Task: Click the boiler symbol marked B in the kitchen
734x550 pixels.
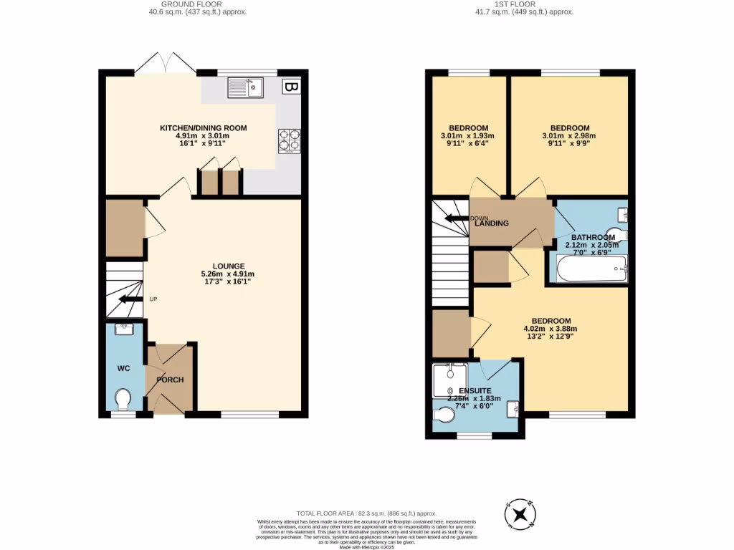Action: click(x=291, y=87)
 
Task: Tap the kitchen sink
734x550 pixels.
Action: click(x=246, y=88)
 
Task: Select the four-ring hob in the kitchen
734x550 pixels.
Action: click(x=289, y=140)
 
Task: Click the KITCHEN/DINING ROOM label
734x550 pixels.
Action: click(x=203, y=128)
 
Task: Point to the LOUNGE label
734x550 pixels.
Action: click(x=213, y=266)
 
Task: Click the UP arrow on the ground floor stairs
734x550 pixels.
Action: click(x=130, y=299)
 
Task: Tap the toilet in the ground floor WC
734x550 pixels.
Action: click(x=123, y=398)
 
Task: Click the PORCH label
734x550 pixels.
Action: click(x=171, y=380)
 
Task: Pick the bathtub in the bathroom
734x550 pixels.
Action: click(x=588, y=270)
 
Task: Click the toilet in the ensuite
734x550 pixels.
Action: click(x=445, y=415)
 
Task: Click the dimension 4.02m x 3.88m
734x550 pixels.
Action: click(x=550, y=329)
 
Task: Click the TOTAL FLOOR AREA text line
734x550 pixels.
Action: click(x=366, y=513)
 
